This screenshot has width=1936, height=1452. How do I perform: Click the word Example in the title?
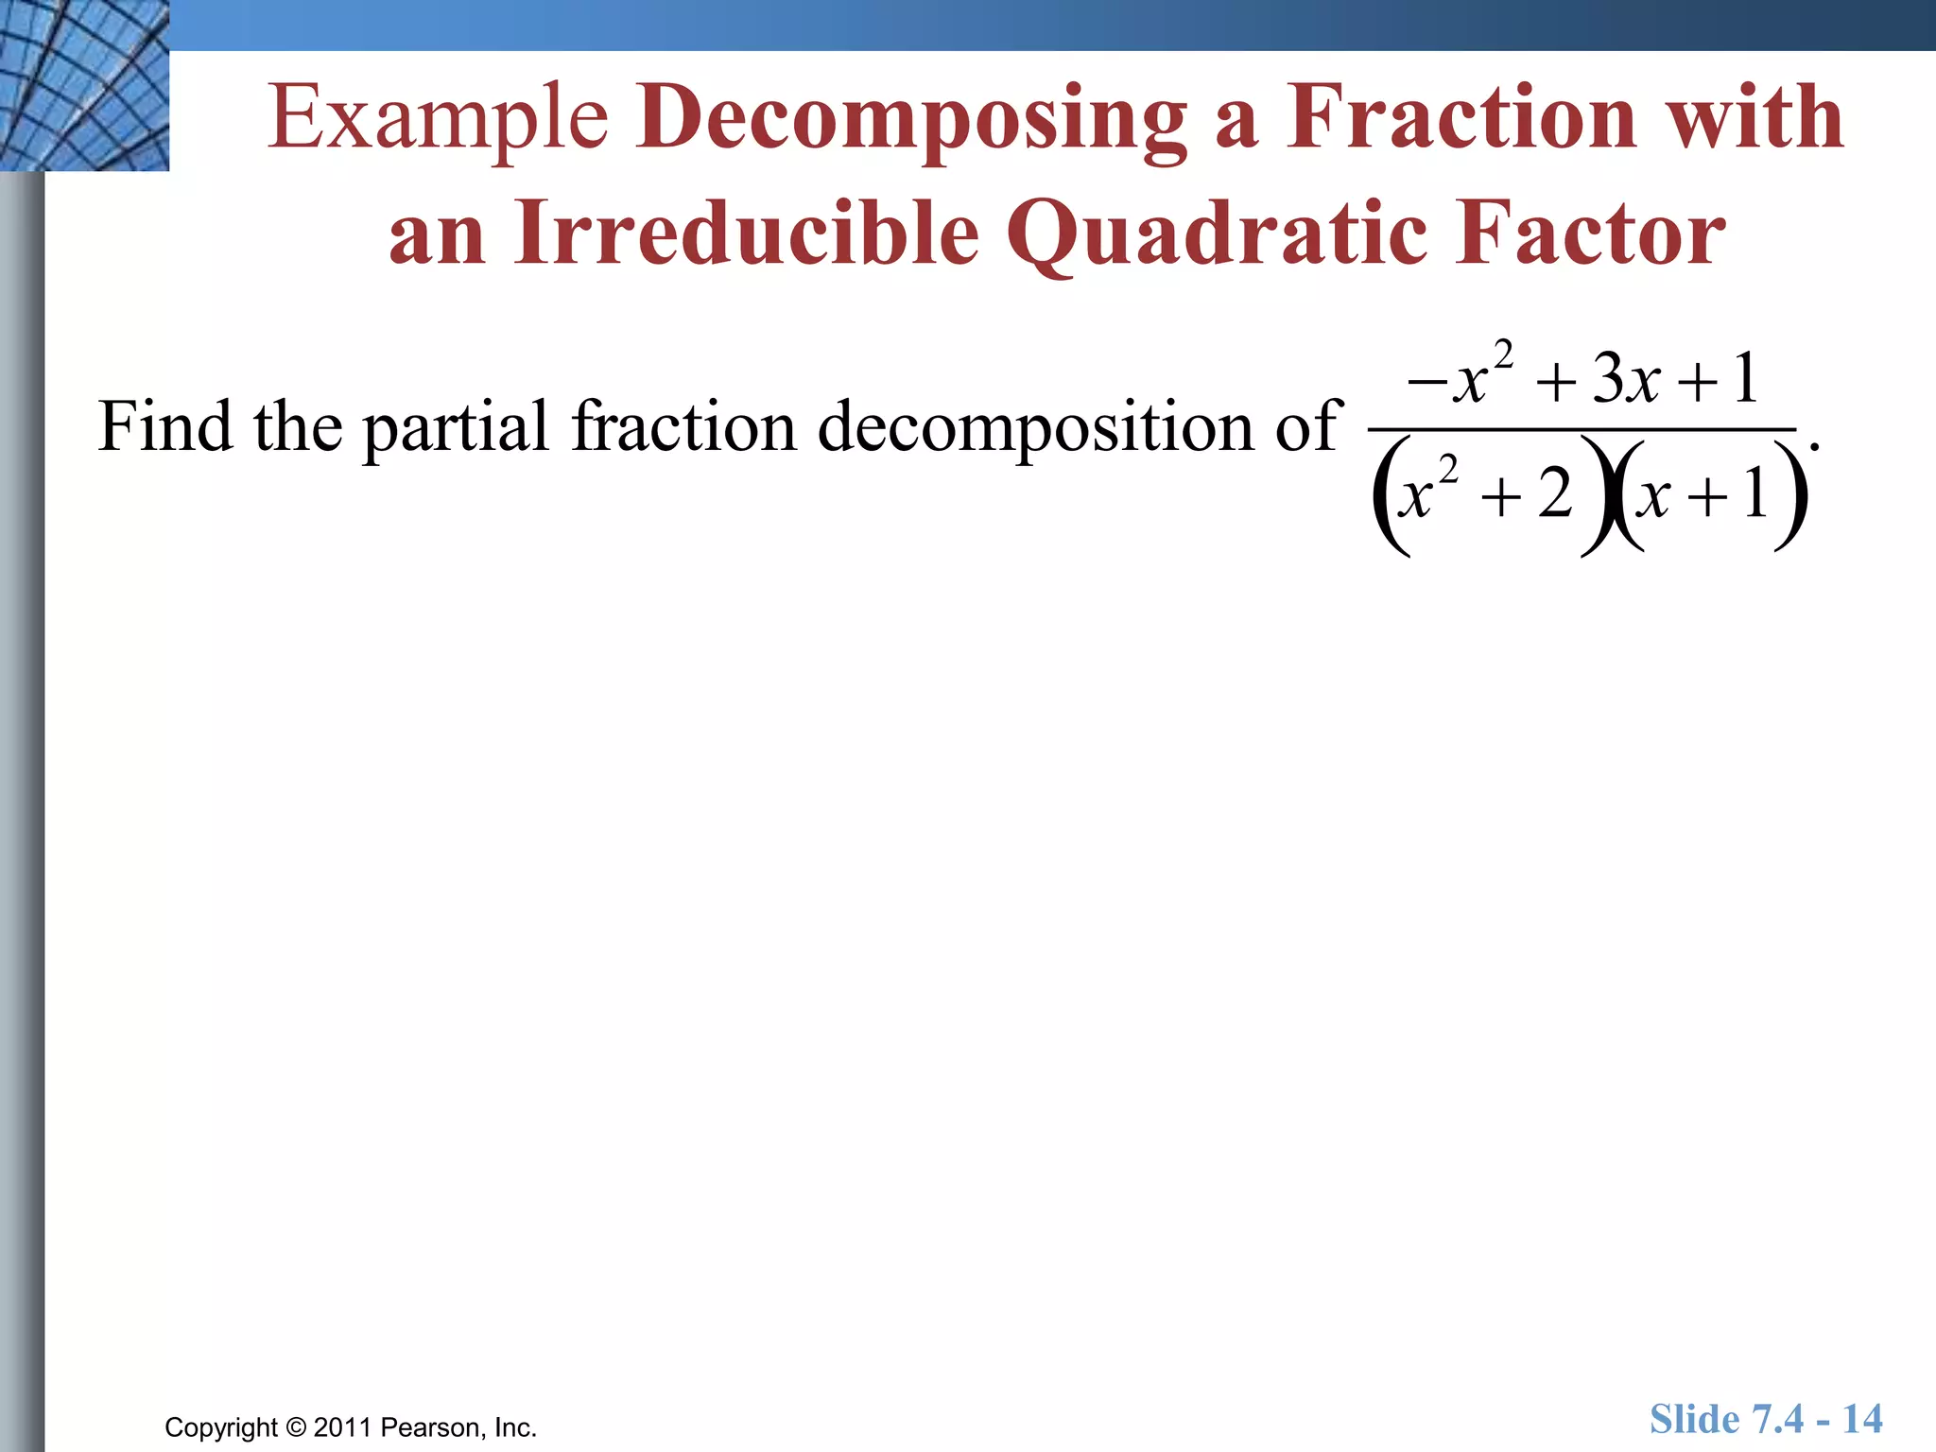pyautogui.click(x=438, y=119)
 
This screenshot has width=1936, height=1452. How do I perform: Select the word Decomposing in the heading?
pyautogui.click(x=911, y=119)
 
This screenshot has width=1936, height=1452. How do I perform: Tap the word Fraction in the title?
pyautogui.click(x=1461, y=117)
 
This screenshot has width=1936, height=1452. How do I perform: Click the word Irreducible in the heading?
pyautogui.click(x=747, y=233)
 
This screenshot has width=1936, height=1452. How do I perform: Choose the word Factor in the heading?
pyautogui.click(x=1590, y=233)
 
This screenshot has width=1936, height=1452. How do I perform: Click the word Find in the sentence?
pyautogui.click(x=164, y=426)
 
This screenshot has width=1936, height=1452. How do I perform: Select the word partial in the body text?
pyautogui.click(x=456, y=428)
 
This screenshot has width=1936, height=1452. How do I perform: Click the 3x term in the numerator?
pyautogui.click(x=1626, y=379)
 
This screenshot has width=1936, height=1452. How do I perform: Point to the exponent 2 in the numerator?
pyautogui.click(x=1503, y=355)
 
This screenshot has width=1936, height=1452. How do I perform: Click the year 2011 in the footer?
pyautogui.click(x=344, y=1427)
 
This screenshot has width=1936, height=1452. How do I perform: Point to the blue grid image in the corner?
pyautogui.click(x=84, y=85)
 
